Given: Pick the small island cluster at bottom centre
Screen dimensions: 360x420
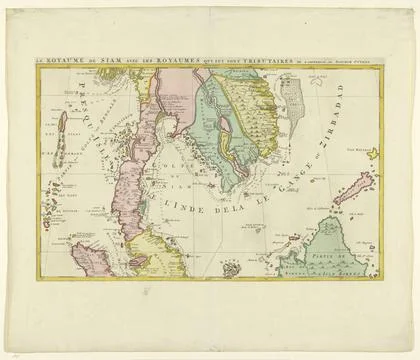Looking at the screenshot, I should [x=232, y=269].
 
